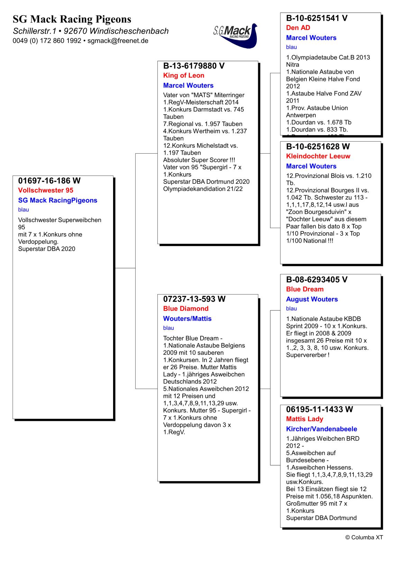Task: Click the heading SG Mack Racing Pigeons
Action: pyautogui.click(x=72, y=19)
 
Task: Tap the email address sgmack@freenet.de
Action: pyautogui.click(x=118, y=41)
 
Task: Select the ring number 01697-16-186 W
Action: pyautogui.click(x=49, y=181)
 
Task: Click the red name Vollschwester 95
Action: pyautogui.click(x=46, y=190)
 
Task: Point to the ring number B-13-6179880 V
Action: pyautogui.click(x=194, y=66)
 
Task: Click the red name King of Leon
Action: pyautogui.click(x=184, y=75)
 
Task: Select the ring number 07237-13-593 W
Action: pyautogui.click(x=194, y=299)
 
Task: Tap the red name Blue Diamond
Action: pyautogui.click(x=186, y=309)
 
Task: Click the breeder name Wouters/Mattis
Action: pyautogui.click(x=187, y=319)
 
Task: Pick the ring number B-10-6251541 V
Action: pyautogui.click(x=316, y=18)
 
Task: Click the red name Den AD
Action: pyautogui.click(x=298, y=28)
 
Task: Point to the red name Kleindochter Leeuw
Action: pyautogui.click(x=318, y=156)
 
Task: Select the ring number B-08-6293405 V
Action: pyautogui.click(x=316, y=280)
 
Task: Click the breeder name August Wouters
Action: pyautogui.click(x=312, y=299)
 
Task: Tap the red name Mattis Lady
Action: pyautogui.click(x=304, y=419)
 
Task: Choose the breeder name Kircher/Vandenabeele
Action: pyautogui.click(x=322, y=429)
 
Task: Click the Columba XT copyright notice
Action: pyautogui.click(x=364, y=538)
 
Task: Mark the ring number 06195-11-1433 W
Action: pyautogui.click(x=319, y=409)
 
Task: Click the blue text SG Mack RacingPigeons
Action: pyautogui.click(x=58, y=200)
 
